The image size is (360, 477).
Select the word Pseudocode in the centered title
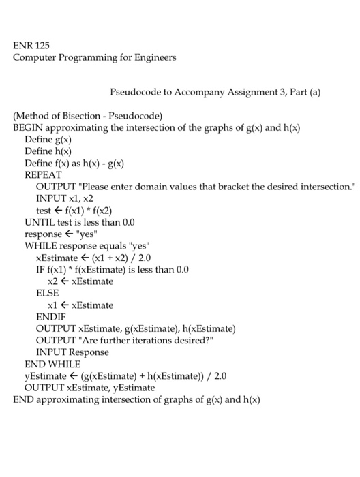[x=134, y=90]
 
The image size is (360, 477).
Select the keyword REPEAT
[x=43, y=175]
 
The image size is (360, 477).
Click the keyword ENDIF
[x=51, y=316]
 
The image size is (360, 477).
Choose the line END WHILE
[x=53, y=365]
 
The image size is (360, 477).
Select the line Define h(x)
[x=48, y=151]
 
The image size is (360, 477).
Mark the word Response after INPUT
[x=87, y=352]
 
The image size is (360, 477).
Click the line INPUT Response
[x=72, y=352]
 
